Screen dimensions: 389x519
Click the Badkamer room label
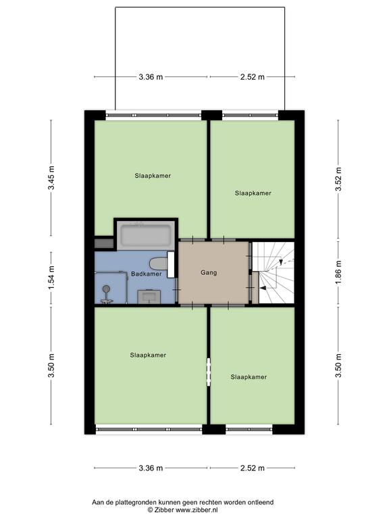tap(146, 274)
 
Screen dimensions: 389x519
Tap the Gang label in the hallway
tap(209, 273)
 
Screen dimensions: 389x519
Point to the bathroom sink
tap(149, 296)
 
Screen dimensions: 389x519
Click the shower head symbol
tap(107, 289)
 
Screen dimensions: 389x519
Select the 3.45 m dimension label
tap(51, 178)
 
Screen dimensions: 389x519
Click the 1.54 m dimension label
tap(51, 278)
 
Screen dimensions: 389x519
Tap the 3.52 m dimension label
tap(338, 179)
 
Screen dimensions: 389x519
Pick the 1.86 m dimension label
tap(338, 273)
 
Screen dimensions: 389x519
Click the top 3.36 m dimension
tap(151, 77)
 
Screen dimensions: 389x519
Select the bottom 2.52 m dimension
tap(253, 468)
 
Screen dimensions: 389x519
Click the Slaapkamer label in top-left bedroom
tap(153, 176)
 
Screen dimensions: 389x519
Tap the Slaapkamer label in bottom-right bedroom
tap(249, 377)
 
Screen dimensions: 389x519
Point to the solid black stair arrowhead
tap(263, 289)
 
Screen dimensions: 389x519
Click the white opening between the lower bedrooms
tap(209, 372)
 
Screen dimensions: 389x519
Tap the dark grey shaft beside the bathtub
tap(104, 243)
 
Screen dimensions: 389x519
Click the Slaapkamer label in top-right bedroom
tap(253, 193)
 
